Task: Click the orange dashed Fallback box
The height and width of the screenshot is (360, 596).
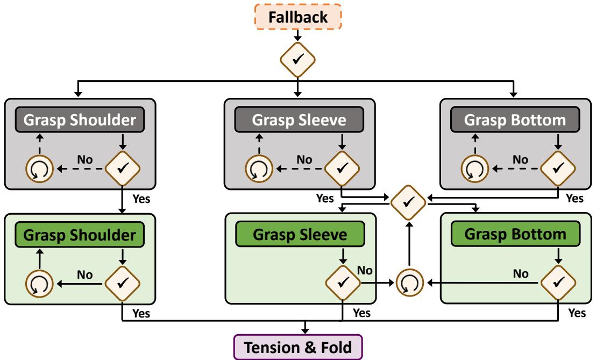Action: pos(299,16)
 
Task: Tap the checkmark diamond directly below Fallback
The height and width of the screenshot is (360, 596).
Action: pos(299,58)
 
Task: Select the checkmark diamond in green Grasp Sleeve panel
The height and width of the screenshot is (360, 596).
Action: pos(342,281)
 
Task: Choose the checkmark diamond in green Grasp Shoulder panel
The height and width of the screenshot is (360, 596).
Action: pos(123,281)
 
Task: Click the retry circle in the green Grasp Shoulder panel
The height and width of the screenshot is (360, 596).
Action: pos(37,281)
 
